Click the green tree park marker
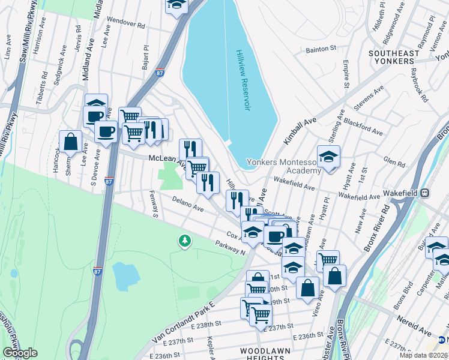184,241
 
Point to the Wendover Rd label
125,26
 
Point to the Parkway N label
231,247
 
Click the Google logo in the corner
20,352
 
